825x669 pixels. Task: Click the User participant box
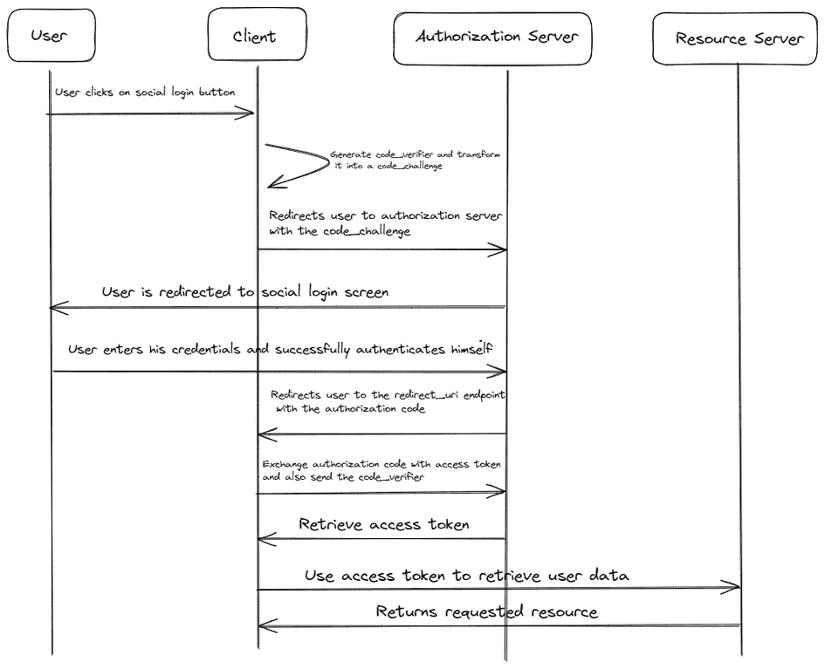tap(49, 36)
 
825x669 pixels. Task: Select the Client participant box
tap(256, 36)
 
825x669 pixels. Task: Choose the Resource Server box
tap(739, 38)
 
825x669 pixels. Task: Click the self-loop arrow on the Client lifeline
tap(297, 165)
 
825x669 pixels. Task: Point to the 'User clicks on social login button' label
tap(144, 92)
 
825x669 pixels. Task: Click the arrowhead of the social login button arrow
tap(249, 113)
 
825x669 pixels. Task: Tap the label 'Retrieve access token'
tap(383, 524)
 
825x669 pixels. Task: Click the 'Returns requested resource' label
tap(486, 611)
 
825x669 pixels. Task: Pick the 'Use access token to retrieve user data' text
tap(466, 576)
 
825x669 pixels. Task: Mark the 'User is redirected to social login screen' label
tap(244, 292)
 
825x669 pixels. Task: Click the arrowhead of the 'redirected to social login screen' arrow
tap(56, 307)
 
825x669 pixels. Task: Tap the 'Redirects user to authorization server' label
tap(385, 215)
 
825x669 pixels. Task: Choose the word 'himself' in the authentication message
tap(470, 349)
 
